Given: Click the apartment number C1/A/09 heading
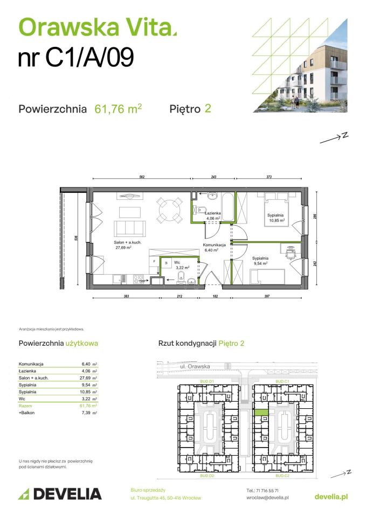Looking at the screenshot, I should point(76,58).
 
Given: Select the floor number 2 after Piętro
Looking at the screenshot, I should point(208,108).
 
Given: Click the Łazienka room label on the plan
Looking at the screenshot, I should point(213,213).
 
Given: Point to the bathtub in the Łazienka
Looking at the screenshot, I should point(227,207).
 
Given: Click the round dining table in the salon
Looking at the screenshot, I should point(168,209).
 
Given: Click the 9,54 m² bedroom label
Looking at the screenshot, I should point(260,261).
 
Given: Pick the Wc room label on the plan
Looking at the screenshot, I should point(176,262).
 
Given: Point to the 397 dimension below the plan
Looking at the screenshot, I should point(264,297).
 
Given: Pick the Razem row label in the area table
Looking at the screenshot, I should point(25,405).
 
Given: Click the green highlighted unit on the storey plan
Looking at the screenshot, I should point(261,411).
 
